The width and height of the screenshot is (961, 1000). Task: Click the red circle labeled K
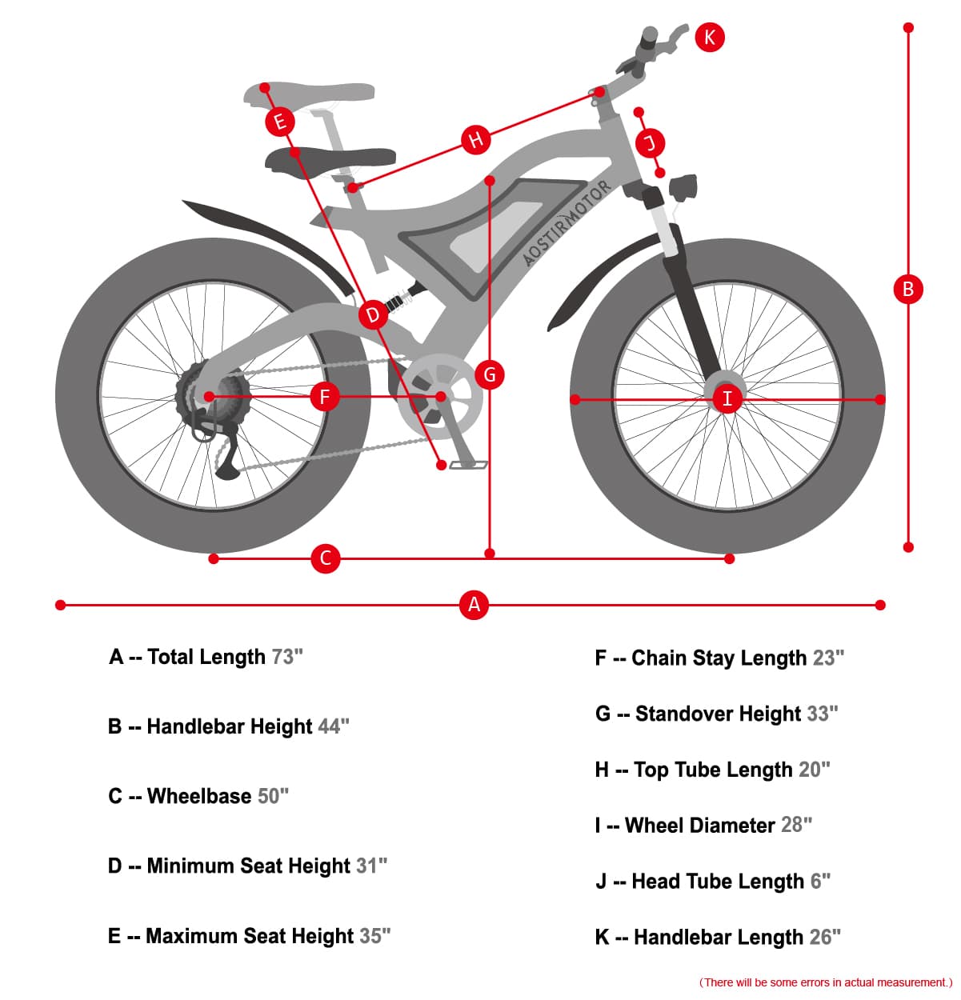tap(710, 37)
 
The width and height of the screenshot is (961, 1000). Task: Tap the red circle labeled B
tap(907, 289)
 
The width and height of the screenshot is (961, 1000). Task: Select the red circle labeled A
tap(474, 604)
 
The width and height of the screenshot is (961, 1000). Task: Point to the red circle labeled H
tap(475, 139)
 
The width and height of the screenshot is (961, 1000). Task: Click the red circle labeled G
tap(490, 374)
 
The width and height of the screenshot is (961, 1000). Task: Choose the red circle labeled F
tap(324, 396)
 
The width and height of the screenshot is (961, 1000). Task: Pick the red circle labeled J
tap(650, 143)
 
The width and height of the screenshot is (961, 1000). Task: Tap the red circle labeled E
tap(280, 122)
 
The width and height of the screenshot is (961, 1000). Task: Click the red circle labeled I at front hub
tap(727, 398)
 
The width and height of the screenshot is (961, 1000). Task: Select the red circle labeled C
tap(325, 558)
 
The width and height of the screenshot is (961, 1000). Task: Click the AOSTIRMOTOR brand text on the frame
tap(567, 223)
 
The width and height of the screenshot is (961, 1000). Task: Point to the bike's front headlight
tap(683, 188)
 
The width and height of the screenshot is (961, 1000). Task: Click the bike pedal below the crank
tap(469, 464)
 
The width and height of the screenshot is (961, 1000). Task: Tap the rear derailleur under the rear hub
tap(225, 456)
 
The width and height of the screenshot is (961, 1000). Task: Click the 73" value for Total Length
tap(287, 657)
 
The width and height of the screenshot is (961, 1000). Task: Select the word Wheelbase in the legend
tap(199, 796)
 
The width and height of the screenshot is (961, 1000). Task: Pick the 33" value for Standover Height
tap(822, 713)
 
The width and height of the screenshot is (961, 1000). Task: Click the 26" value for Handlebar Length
tap(825, 937)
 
